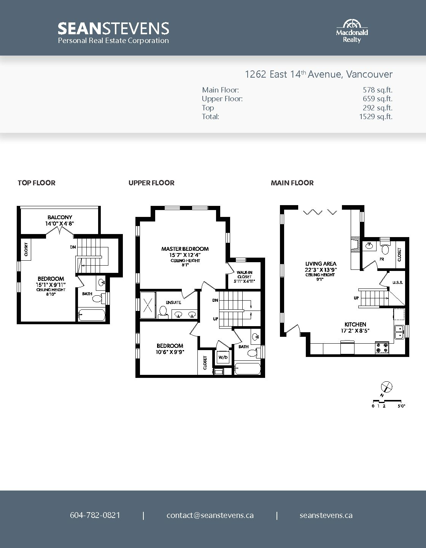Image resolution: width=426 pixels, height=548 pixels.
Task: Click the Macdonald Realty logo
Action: [x=352, y=31]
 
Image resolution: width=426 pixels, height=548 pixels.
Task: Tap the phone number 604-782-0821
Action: [x=95, y=515]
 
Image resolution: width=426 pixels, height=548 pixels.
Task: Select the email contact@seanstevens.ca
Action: [x=210, y=515]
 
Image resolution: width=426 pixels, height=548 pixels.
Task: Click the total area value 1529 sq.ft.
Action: [x=375, y=116]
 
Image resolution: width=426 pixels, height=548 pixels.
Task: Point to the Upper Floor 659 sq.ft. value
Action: [x=377, y=99]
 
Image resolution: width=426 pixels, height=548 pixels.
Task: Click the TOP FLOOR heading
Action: [x=37, y=183]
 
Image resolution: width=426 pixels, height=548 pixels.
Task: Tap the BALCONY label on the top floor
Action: [x=60, y=217]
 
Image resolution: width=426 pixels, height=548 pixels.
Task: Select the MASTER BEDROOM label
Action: [x=185, y=249]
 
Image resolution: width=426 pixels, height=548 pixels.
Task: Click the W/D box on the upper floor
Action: [x=223, y=357]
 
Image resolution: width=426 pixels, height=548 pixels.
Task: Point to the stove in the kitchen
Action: [x=382, y=348]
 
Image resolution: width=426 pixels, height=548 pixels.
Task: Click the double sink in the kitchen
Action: [x=399, y=332]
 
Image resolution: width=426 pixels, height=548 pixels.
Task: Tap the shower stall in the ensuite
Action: [x=148, y=305]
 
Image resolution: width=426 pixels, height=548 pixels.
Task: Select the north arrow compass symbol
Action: [x=386, y=387]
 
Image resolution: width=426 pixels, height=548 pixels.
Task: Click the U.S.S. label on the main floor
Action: [x=397, y=282]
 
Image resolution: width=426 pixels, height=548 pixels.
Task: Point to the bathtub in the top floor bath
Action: [x=92, y=315]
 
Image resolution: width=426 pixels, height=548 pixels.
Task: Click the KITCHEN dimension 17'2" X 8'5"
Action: [x=355, y=331]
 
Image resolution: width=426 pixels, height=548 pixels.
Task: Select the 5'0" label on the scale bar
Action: [x=401, y=406]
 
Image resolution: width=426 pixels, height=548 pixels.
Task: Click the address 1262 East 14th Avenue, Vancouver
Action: [x=319, y=74]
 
